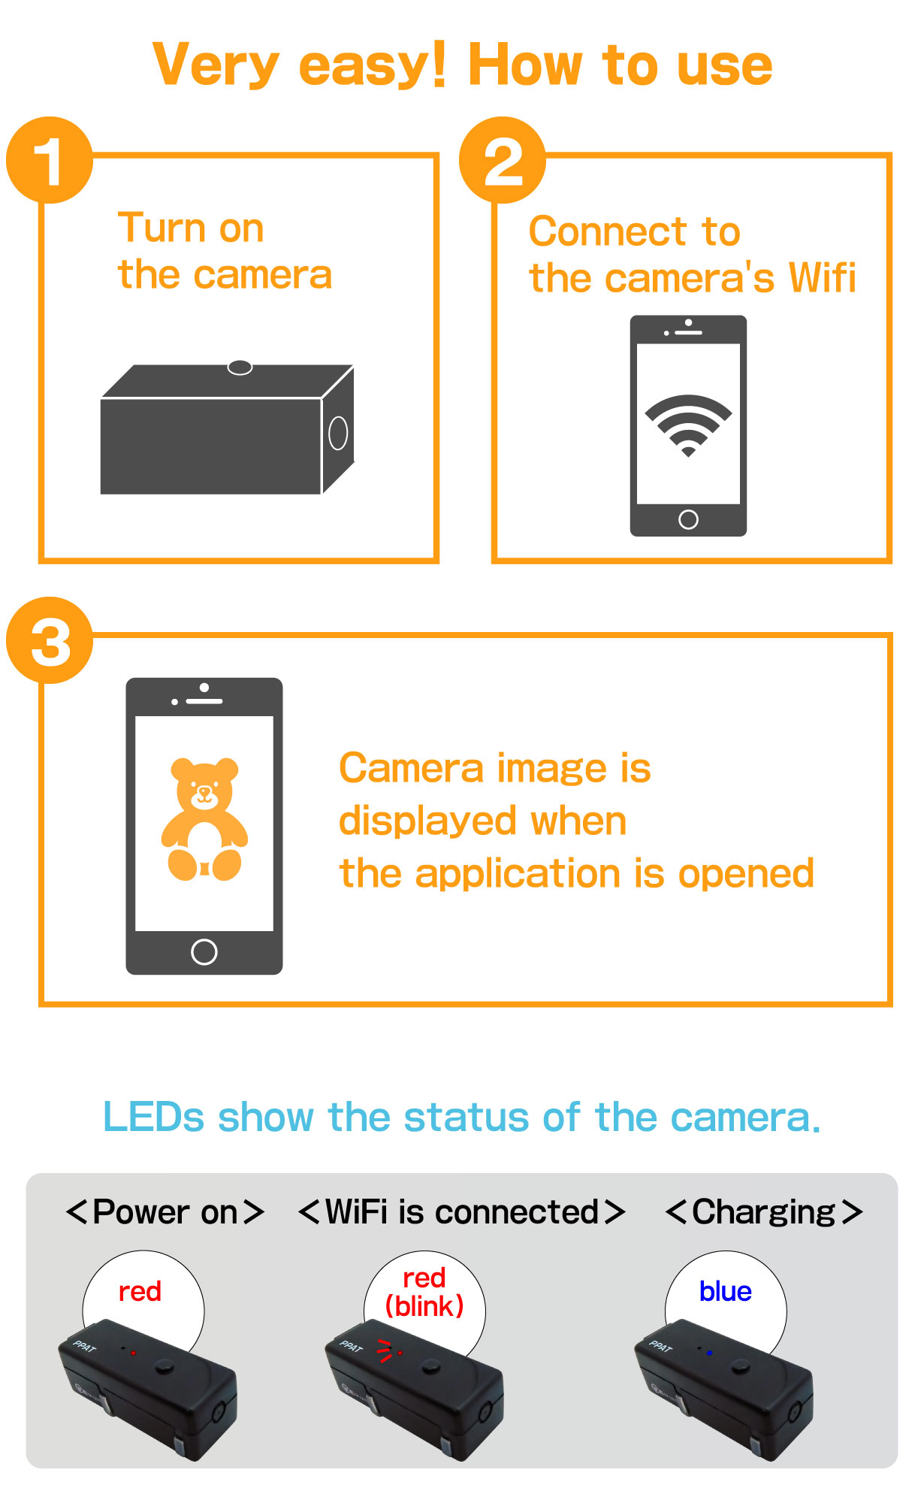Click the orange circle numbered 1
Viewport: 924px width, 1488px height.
coord(50,160)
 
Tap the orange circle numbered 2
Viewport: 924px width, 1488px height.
coord(503,160)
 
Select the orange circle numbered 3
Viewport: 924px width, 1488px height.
coord(50,640)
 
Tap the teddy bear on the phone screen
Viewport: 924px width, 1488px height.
coord(204,819)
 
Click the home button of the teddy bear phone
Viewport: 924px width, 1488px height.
coord(204,951)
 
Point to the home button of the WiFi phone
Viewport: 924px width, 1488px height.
coord(688,519)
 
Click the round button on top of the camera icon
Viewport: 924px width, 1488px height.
coord(240,367)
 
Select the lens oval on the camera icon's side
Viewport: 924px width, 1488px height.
coord(338,433)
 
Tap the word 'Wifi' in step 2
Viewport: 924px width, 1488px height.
coord(823,278)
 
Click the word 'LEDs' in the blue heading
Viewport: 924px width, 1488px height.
coord(153,1117)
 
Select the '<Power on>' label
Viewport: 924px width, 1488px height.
coord(165,1211)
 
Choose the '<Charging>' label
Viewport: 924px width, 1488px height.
coord(764,1211)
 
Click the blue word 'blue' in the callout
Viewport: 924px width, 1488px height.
coord(725,1291)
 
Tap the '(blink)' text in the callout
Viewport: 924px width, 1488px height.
coord(424,1306)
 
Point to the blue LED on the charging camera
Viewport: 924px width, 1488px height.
coord(709,1353)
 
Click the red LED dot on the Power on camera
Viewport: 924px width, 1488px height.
coord(133,1353)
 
